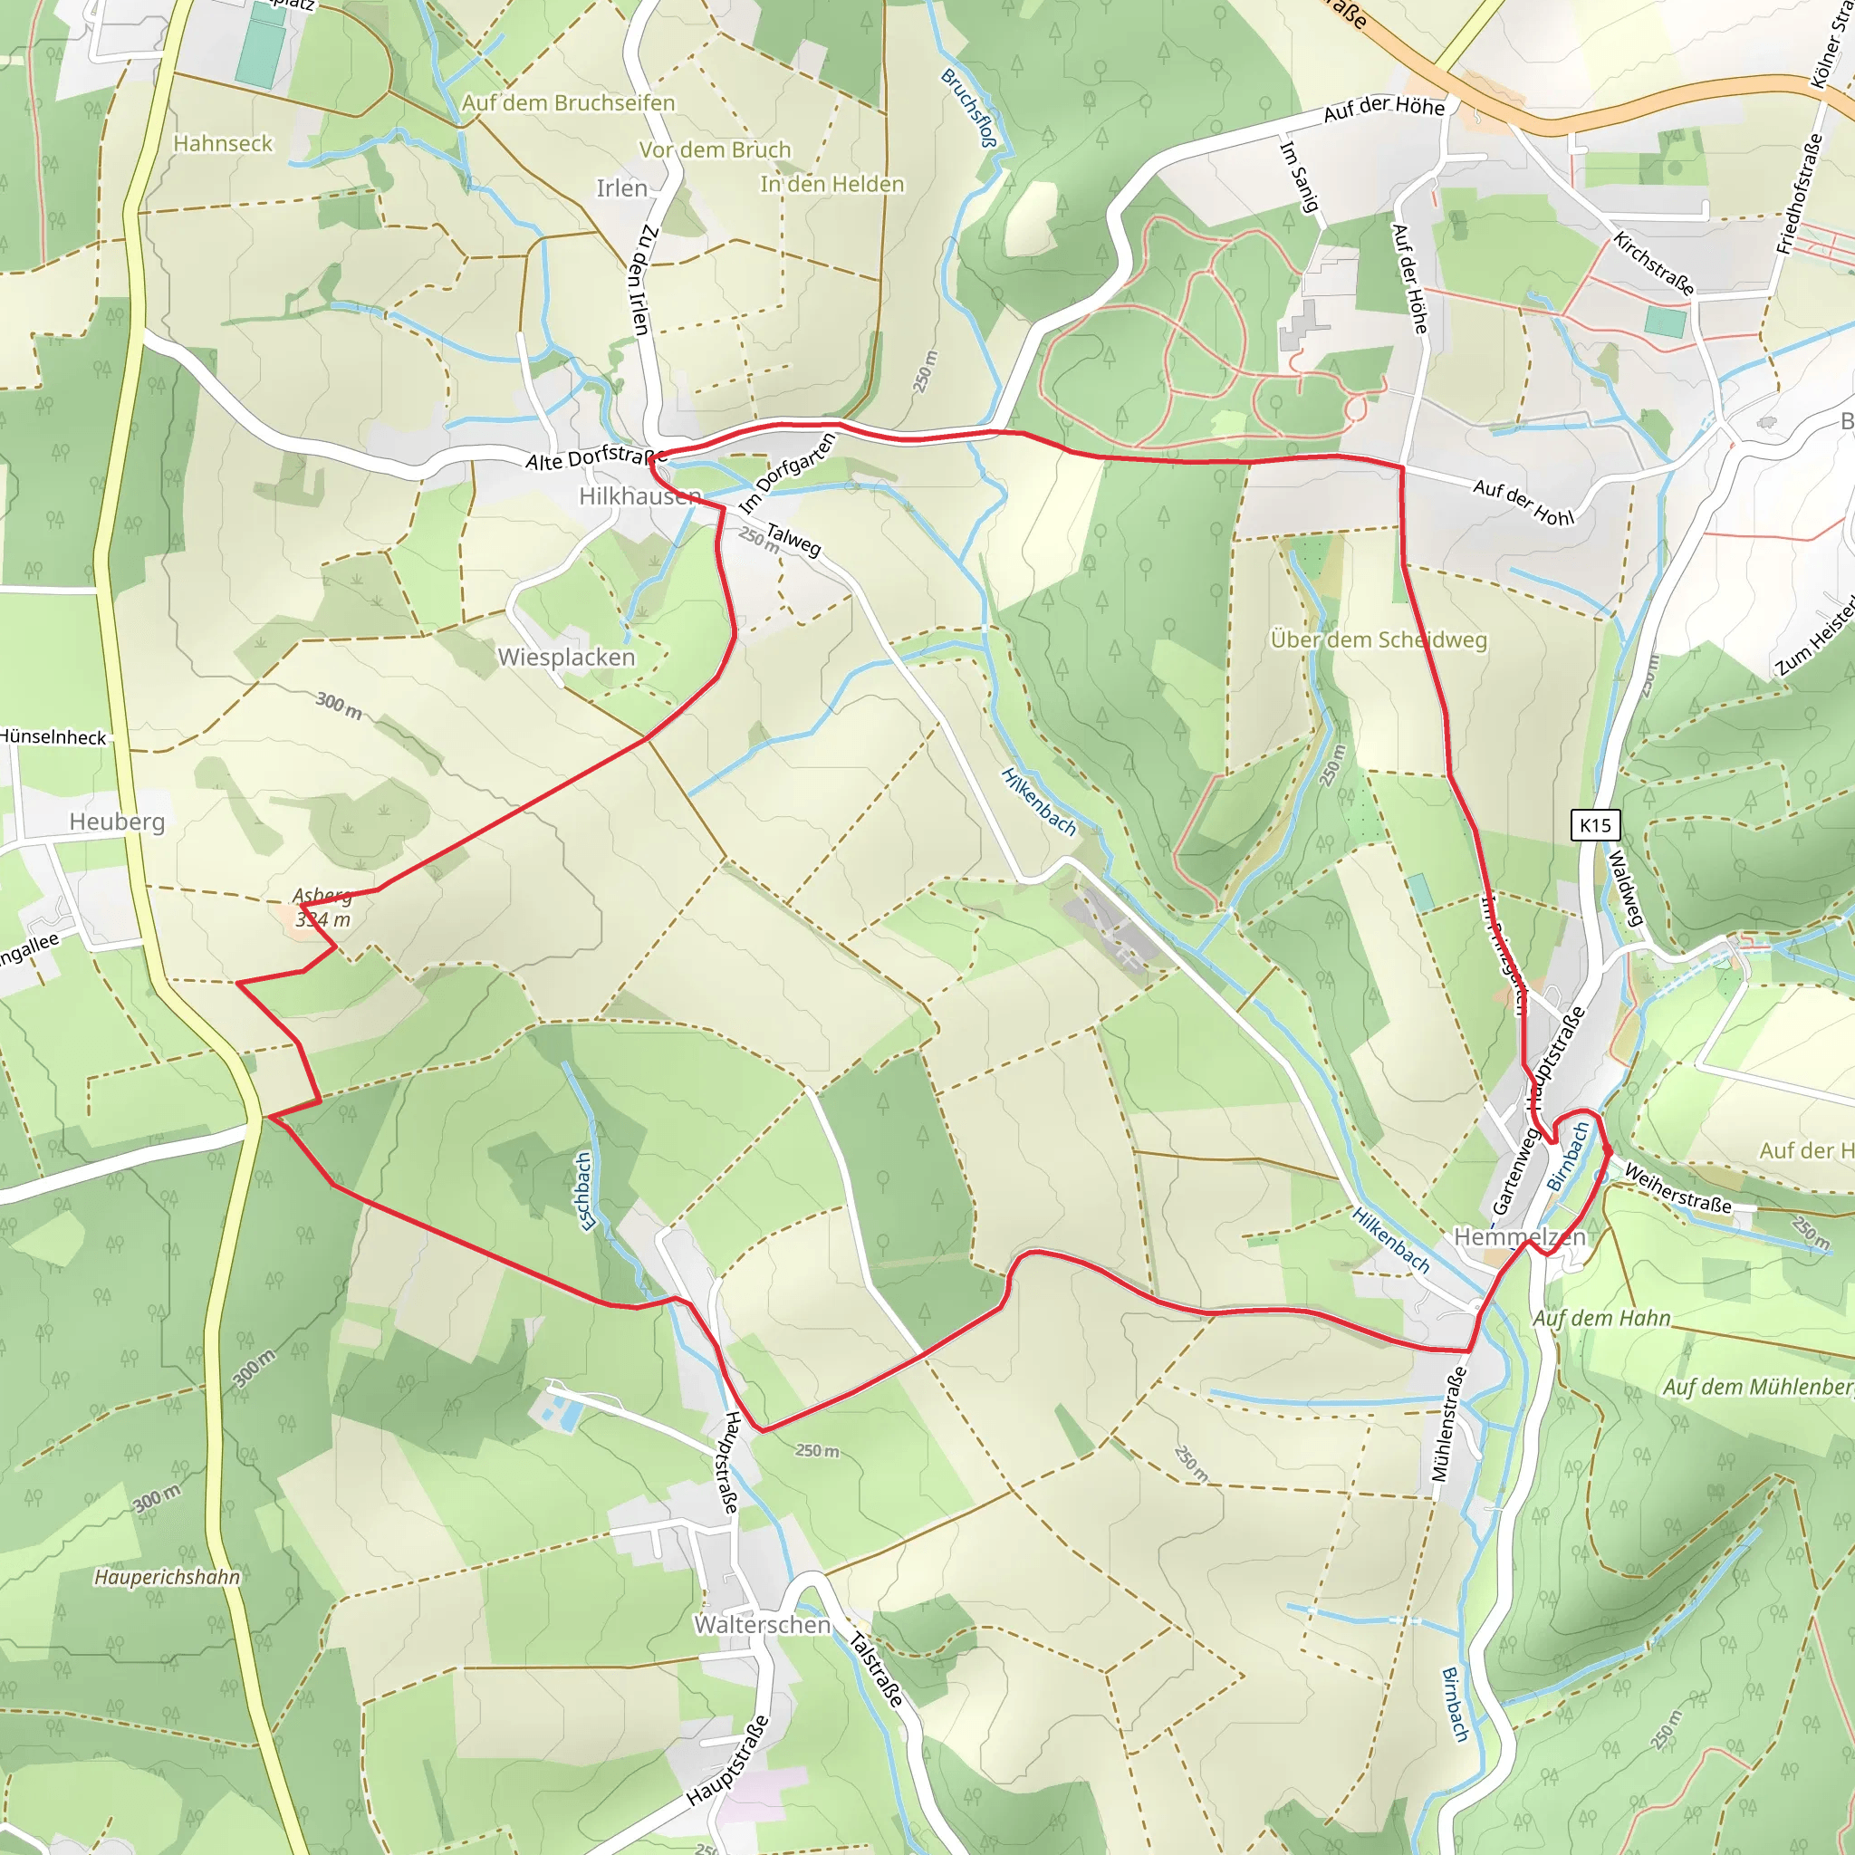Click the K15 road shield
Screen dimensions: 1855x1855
(x=1595, y=825)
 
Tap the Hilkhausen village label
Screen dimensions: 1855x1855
(x=639, y=495)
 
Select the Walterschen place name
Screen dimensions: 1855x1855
(x=762, y=1625)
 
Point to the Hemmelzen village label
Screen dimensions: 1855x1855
(x=1519, y=1236)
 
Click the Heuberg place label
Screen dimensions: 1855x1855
(x=117, y=822)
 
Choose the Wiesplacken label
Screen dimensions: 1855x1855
(x=566, y=658)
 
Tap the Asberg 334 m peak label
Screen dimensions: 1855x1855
(x=322, y=908)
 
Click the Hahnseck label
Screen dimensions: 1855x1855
(x=223, y=144)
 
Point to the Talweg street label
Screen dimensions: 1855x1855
(x=794, y=540)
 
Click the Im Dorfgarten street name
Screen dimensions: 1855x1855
(x=787, y=473)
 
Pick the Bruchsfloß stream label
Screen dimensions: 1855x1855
(x=969, y=108)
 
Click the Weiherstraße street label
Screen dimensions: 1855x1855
(x=1677, y=1189)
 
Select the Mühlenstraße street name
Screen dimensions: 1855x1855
(x=1450, y=1424)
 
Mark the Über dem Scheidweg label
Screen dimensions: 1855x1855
(x=1378, y=639)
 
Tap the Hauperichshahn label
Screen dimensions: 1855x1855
(x=167, y=1578)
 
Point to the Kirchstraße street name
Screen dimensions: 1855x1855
(x=1653, y=262)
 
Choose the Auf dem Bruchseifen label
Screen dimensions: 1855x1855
(x=569, y=102)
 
